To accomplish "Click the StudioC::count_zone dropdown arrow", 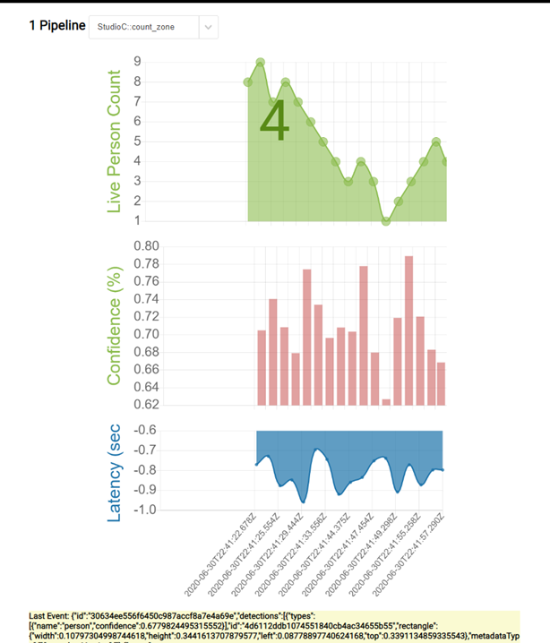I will (208, 28).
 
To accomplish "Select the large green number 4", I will (275, 122).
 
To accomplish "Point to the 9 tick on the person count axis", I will (137, 62).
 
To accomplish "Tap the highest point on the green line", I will (260, 63).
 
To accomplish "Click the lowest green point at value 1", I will (386, 220).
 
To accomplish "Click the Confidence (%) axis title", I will (114, 324).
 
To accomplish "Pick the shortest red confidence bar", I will (386, 401).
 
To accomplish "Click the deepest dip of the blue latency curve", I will (304, 501).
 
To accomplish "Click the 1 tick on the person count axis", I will (137, 220).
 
